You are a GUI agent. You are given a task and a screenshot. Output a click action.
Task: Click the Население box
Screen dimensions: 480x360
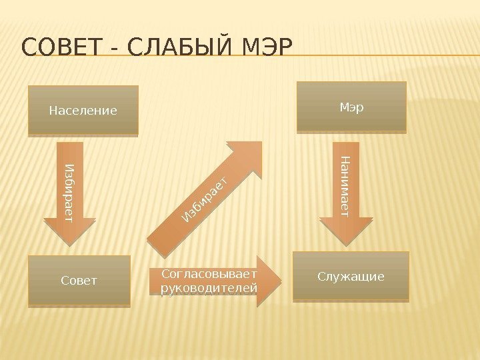coord(83,110)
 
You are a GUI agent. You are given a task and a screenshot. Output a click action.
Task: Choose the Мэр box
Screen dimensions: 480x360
coord(351,107)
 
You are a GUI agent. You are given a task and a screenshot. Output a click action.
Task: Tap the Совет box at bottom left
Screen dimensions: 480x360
coord(79,281)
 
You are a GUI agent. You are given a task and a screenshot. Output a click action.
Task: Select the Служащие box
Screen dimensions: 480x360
coord(351,277)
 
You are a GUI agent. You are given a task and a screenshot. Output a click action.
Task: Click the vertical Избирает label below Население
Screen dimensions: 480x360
coord(70,191)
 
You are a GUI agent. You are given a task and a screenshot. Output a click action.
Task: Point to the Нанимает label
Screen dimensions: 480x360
coord(345,185)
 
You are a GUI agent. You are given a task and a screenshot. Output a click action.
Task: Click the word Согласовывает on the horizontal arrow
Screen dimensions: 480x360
coord(209,274)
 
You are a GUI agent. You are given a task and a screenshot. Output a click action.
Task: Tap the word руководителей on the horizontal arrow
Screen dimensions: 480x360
coord(209,288)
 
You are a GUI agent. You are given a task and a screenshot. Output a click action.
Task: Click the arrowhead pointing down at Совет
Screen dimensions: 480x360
coord(70,233)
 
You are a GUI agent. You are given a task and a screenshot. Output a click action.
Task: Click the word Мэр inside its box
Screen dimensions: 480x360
coord(351,107)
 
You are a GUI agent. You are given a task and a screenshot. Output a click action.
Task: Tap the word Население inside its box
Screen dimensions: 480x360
coord(83,110)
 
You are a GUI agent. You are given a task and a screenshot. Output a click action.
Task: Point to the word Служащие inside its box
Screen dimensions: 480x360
coord(351,277)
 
